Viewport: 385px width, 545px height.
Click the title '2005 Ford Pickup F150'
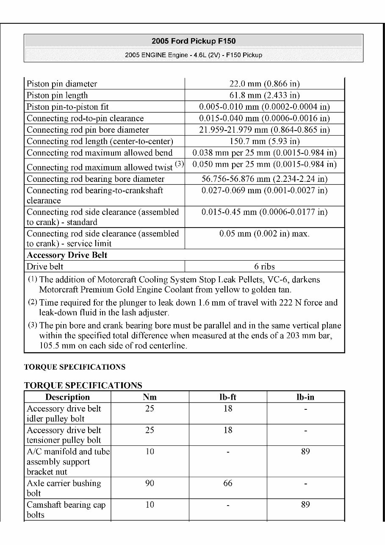[x=194, y=41]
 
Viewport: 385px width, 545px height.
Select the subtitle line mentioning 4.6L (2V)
[x=194, y=55]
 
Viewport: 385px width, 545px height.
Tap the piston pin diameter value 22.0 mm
[x=264, y=84]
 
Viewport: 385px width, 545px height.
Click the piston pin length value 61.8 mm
[x=264, y=95]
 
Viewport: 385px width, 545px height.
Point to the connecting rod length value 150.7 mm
[x=264, y=141]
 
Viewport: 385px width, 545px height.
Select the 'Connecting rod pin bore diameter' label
[x=88, y=130]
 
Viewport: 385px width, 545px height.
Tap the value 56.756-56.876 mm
[x=264, y=179]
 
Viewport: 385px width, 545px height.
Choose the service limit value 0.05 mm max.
[x=264, y=234]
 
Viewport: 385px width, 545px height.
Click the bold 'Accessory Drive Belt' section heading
[x=67, y=255]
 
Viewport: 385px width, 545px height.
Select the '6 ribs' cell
[x=264, y=267]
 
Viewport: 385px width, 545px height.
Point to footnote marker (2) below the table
[x=33, y=302]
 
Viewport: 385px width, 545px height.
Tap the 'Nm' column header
[x=150, y=397]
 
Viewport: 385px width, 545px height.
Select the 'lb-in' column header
[x=305, y=397]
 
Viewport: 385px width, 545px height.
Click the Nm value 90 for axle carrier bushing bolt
[x=150, y=484]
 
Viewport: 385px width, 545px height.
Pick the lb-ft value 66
[x=228, y=484]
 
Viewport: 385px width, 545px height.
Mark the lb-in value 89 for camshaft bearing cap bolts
[x=305, y=505]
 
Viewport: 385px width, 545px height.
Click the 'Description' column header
[x=67, y=397]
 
